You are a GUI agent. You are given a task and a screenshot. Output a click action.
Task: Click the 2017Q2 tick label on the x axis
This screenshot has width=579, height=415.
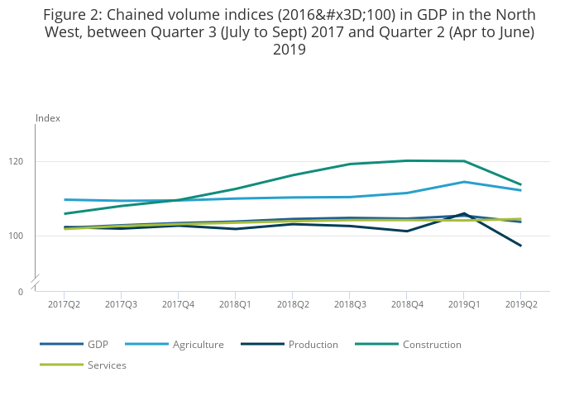(x=64, y=304)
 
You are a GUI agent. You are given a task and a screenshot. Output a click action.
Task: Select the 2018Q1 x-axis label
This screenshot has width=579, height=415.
(x=235, y=304)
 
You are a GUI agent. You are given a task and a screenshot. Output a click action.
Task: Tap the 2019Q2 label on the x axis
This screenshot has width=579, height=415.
(x=521, y=304)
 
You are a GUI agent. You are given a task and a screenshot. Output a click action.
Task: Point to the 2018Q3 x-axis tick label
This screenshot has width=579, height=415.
(x=350, y=304)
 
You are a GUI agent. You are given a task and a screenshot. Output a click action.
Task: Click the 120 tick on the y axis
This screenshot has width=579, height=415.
(x=16, y=161)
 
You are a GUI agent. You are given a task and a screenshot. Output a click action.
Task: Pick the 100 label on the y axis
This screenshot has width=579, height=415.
(x=16, y=236)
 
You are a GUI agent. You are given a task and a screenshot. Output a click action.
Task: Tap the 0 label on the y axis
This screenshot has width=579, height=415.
(x=21, y=292)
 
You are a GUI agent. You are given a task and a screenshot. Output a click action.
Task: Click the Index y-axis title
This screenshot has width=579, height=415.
(x=48, y=118)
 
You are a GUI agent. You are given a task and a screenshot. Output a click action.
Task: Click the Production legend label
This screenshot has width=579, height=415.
(x=313, y=345)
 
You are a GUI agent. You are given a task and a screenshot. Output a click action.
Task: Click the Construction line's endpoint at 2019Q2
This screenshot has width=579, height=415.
(x=521, y=184)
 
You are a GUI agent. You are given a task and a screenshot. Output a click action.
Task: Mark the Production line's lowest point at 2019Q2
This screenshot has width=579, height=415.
(x=521, y=246)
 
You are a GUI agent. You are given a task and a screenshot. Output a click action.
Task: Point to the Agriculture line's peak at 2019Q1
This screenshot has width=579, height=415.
(x=464, y=182)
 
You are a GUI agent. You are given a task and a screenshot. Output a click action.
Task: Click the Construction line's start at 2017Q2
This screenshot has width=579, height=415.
(x=65, y=214)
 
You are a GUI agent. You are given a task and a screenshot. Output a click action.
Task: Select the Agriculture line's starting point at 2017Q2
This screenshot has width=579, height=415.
(x=65, y=200)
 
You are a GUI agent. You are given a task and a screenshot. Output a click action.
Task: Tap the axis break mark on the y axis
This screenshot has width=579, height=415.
(x=36, y=282)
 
